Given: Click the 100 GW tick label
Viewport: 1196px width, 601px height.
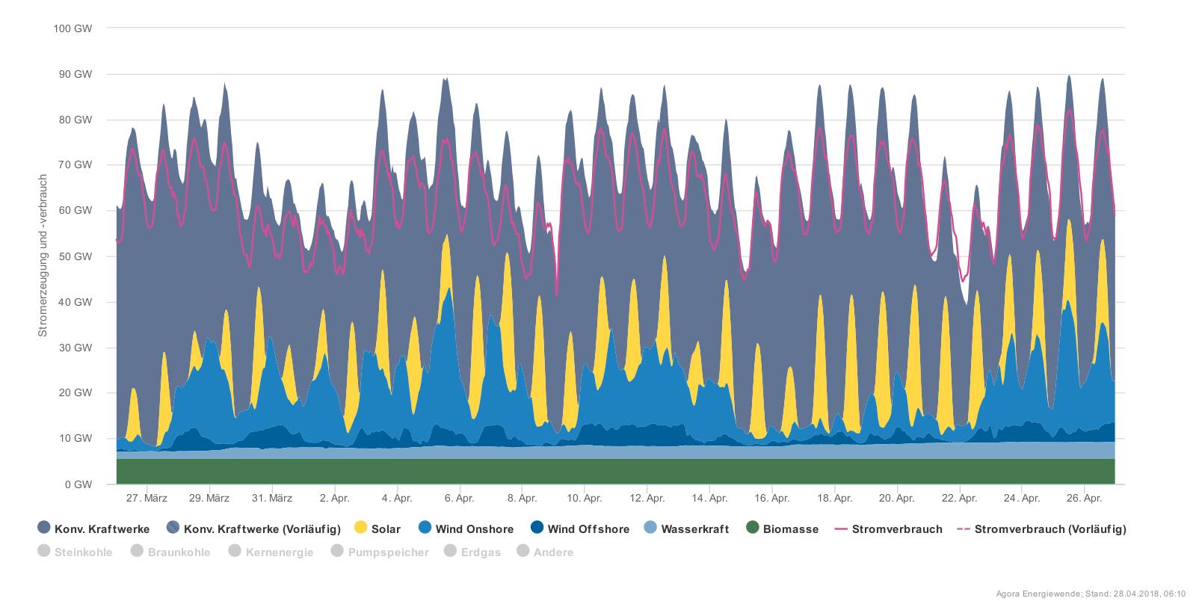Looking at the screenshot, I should coord(73,28).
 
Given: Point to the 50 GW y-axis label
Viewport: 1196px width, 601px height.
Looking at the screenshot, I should coord(76,256).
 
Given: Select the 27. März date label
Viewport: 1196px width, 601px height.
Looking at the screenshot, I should coord(147,499).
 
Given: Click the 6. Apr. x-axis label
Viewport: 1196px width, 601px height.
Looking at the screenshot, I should coord(459,499).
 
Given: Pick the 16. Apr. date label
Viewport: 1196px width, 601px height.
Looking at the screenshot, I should coord(771,499).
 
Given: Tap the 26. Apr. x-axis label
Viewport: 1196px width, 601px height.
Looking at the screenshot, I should coord(1084,499).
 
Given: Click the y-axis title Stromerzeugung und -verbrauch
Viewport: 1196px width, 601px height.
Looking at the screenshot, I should coord(43,256).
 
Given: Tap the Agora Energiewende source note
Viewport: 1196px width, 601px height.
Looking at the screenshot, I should coord(1091,594).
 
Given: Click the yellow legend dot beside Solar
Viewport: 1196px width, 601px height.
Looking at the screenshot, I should coord(360,528).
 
